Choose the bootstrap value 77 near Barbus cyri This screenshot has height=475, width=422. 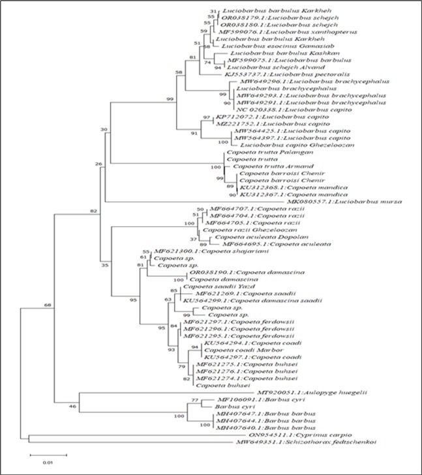pos(193,399)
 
